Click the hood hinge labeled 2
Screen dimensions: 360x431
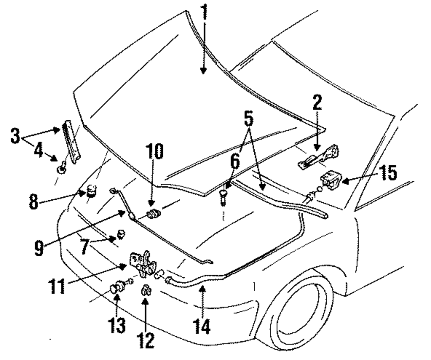pyautogui.click(x=319, y=158)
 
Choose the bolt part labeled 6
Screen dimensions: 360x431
pyautogui.click(x=223, y=197)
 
